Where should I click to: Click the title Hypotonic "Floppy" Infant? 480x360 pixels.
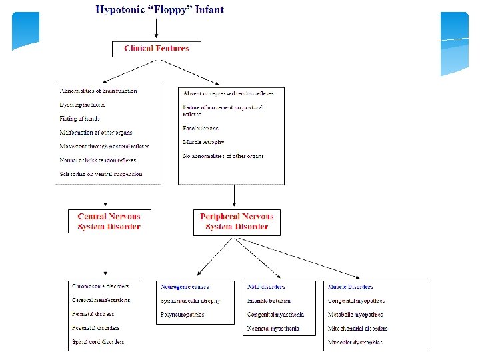(x=160, y=9)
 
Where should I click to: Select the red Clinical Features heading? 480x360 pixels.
(x=157, y=48)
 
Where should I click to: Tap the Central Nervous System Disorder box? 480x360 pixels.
(x=109, y=221)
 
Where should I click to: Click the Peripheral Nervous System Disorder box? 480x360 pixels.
(x=237, y=221)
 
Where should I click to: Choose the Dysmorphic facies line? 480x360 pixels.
(x=83, y=105)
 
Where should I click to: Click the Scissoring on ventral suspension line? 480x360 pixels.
(x=101, y=174)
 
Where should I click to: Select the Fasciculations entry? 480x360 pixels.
(x=201, y=128)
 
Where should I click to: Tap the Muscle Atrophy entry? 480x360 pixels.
(x=203, y=142)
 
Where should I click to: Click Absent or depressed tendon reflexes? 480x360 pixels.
(x=228, y=93)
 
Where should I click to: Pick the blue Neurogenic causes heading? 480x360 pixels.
(x=185, y=287)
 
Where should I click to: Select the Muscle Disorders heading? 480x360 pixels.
(x=350, y=287)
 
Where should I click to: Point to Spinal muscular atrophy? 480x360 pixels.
(x=191, y=301)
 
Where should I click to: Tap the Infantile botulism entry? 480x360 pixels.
(x=269, y=301)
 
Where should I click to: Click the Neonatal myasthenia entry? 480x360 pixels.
(x=273, y=328)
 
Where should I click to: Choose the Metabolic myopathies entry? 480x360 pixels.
(x=356, y=315)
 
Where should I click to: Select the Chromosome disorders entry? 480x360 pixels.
(x=100, y=286)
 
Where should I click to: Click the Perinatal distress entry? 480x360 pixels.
(x=93, y=314)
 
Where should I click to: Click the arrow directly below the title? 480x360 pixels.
(x=156, y=28)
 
